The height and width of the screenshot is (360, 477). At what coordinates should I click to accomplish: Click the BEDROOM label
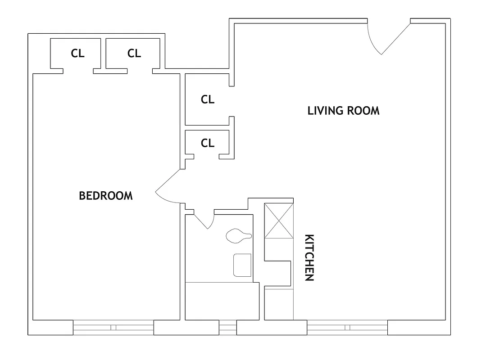click(106, 196)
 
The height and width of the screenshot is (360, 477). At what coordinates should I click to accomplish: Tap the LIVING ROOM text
click(343, 111)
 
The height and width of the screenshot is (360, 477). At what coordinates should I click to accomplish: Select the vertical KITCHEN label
click(309, 257)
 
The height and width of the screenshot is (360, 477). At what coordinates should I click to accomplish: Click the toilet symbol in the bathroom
click(238, 235)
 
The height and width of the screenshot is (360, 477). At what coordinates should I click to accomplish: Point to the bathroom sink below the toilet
click(242, 265)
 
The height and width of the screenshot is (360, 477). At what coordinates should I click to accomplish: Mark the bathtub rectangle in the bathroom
click(222, 301)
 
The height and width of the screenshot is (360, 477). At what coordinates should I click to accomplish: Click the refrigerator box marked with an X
click(278, 221)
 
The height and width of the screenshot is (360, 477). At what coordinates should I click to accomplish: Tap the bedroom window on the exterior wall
click(114, 327)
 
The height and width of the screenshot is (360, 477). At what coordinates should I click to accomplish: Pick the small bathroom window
click(228, 327)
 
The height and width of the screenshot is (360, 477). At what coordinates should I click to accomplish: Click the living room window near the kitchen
click(347, 327)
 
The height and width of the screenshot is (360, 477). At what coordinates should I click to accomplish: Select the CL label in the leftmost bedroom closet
click(77, 54)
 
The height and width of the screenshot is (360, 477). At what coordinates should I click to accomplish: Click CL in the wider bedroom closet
click(134, 54)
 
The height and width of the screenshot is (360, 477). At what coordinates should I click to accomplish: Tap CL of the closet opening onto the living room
click(208, 99)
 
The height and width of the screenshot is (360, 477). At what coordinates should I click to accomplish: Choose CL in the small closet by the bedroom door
click(208, 143)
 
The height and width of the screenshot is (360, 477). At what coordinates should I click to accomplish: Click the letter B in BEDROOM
click(82, 196)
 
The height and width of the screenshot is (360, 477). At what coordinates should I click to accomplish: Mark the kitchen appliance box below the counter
click(279, 304)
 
